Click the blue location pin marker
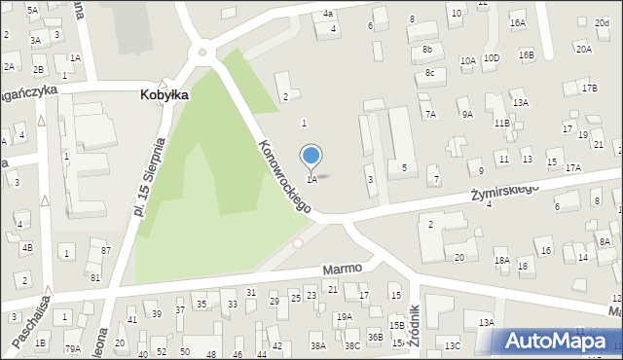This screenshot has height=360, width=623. [311, 157]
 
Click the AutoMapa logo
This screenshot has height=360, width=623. [556, 341]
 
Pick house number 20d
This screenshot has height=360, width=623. [602, 22]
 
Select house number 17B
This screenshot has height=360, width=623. [588, 89]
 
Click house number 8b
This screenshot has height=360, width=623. [427, 50]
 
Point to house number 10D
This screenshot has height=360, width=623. [492, 57]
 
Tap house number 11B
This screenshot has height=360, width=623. [501, 124]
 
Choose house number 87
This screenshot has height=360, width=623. [106, 251]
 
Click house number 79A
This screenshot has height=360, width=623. [72, 348]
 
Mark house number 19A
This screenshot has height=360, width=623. [344, 317]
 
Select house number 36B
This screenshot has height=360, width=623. [376, 337]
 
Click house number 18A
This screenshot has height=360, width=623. [501, 261]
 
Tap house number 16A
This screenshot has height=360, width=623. [517, 22]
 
